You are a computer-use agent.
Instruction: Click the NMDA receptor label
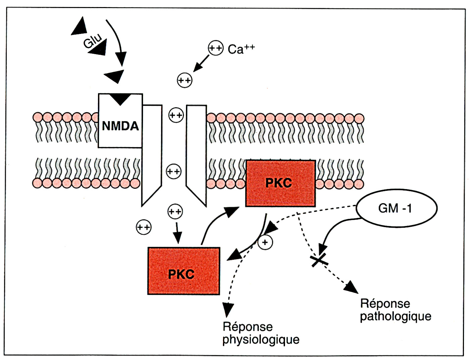120,126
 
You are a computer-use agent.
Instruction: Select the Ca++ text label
241,49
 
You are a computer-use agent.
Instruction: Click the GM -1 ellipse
396,208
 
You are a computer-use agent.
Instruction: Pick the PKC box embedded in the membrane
280,183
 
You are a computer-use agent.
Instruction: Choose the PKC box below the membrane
184,271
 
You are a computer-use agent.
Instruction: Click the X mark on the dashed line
319,260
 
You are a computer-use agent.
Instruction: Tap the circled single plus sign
265,242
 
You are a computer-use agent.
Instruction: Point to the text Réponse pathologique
395,310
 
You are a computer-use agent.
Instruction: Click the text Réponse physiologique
261,333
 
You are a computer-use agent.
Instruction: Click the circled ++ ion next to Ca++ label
216,48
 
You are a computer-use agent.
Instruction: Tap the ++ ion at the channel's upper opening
176,115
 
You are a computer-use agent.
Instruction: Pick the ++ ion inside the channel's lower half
174,172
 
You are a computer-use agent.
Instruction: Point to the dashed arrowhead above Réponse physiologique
228,309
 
